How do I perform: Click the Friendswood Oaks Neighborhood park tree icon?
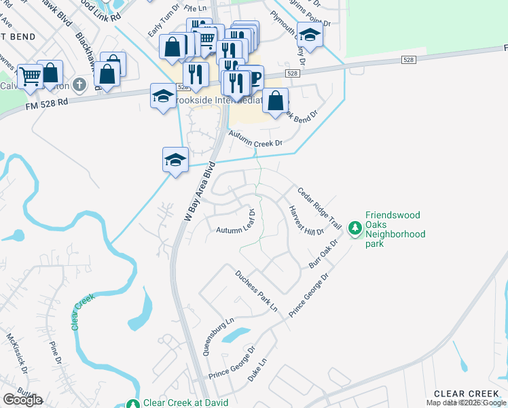coord(355,229)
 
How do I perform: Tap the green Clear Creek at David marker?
coord(134,403)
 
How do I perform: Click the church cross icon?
coord(79,85)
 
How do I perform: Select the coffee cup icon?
coord(253,78)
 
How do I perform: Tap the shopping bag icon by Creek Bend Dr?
coord(276,101)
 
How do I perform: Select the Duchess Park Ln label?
coord(257,291)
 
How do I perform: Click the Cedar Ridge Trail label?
coord(317,207)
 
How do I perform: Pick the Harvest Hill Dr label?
coord(306,222)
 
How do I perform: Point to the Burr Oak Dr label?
coord(324,254)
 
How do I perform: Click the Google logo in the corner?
coord(22,400)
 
